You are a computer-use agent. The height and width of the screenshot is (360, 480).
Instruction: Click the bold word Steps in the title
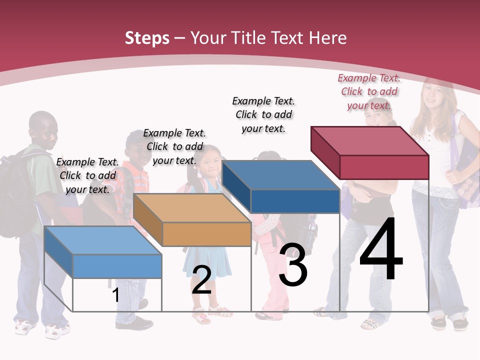tap(147, 38)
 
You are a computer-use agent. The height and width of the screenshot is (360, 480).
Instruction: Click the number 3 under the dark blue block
tap(293, 265)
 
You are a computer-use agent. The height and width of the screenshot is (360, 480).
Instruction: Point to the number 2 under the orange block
tap(201, 280)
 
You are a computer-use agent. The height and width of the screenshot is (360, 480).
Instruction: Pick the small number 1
tap(115, 295)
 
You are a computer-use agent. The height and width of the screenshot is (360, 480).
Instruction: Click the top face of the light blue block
tap(103, 240)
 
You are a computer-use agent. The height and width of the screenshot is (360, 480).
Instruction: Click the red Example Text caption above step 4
tap(369, 91)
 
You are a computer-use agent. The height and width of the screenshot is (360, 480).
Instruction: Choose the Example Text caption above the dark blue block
tap(263, 114)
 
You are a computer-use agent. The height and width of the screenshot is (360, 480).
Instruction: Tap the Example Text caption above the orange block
tap(174, 146)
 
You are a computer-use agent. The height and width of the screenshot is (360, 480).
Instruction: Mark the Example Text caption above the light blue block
tap(87, 175)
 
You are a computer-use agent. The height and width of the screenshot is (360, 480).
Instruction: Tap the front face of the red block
tap(384, 167)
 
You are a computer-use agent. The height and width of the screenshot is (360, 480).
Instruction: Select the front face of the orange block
tap(206, 234)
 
